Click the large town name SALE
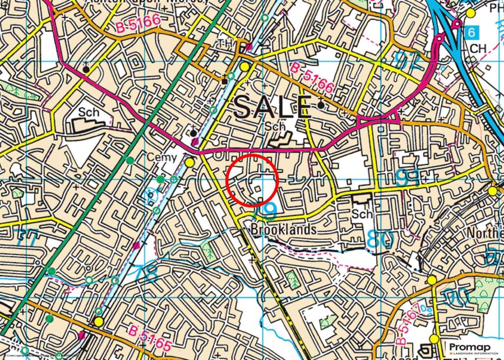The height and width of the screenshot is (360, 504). point(272,107)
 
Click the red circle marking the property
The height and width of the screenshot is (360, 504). point(252,179)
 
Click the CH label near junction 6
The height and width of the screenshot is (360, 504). point(478,49)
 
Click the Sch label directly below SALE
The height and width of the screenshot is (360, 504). point(275,127)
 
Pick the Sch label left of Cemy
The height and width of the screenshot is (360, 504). point(89,112)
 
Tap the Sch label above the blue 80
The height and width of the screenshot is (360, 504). point(363,214)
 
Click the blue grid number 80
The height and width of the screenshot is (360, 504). point(380,240)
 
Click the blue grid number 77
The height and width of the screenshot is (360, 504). point(26,238)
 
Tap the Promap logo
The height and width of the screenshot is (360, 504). point(473,348)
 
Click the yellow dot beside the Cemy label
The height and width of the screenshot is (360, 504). point(189,162)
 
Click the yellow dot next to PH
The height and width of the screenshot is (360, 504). point(471,13)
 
